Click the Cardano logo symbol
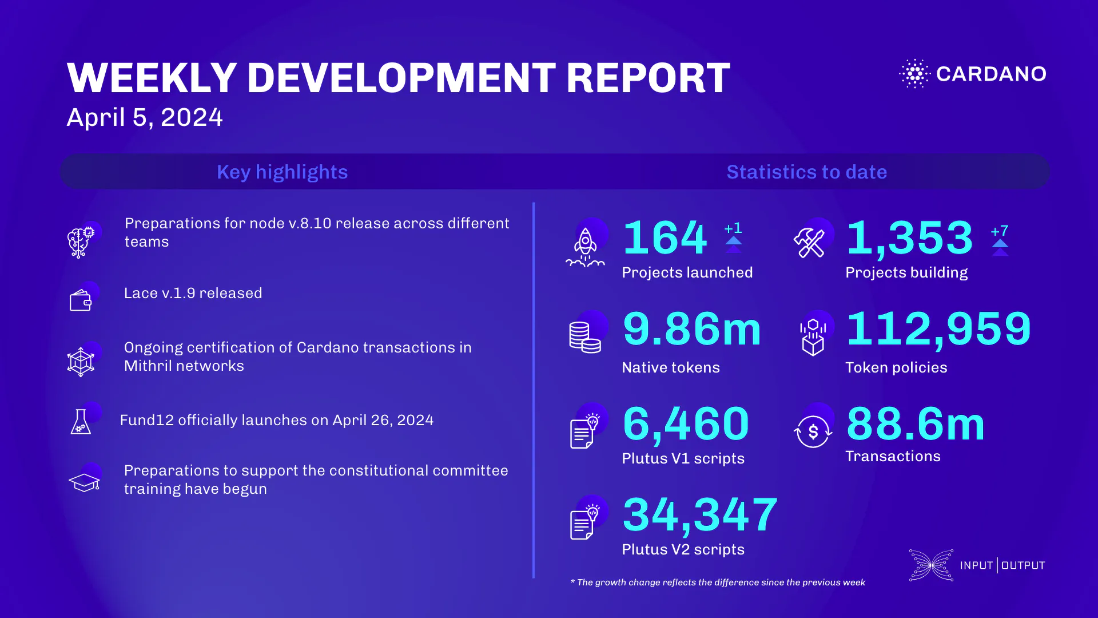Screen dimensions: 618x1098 click(915, 74)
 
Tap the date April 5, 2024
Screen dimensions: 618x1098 click(145, 117)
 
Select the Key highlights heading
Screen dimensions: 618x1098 click(282, 172)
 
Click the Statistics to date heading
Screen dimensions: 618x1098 click(806, 172)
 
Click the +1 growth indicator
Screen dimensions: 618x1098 click(733, 228)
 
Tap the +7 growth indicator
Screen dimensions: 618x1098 click(1000, 231)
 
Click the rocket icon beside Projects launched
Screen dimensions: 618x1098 click(585, 247)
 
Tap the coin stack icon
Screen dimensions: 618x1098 click(584, 337)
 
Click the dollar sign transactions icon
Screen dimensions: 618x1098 click(813, 431)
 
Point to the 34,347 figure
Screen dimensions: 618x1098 click(700, 514)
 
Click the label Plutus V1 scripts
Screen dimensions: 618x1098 click(683, 458)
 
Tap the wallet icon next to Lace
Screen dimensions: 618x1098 click(81, 300)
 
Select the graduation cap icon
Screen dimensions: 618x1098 click(85, 482)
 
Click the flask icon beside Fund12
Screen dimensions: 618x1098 click(81, 422)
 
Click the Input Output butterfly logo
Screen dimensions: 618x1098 click(931, 565)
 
